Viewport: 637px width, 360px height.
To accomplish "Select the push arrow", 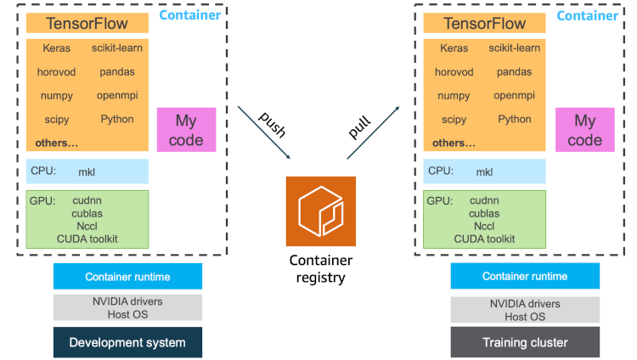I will coord(263,132).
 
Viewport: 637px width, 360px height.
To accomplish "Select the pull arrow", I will coord(373,132).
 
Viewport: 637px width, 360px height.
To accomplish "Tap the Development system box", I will coord(127,342).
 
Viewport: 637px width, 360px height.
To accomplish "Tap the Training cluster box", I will coord(525,342).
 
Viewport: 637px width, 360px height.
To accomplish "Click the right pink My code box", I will coord(584,130).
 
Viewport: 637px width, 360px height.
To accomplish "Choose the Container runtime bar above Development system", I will coord(127,277).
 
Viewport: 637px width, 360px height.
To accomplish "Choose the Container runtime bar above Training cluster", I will coord(525,277).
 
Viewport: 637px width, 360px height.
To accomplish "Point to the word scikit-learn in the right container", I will coord(515,48).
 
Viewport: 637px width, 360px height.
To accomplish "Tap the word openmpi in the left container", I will coord(117,96).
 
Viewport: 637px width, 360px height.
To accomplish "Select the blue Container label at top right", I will coord(587,15).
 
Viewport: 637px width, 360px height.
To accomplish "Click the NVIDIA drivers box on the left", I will coord(127,307).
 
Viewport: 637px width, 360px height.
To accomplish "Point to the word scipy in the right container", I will coord(454,120).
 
